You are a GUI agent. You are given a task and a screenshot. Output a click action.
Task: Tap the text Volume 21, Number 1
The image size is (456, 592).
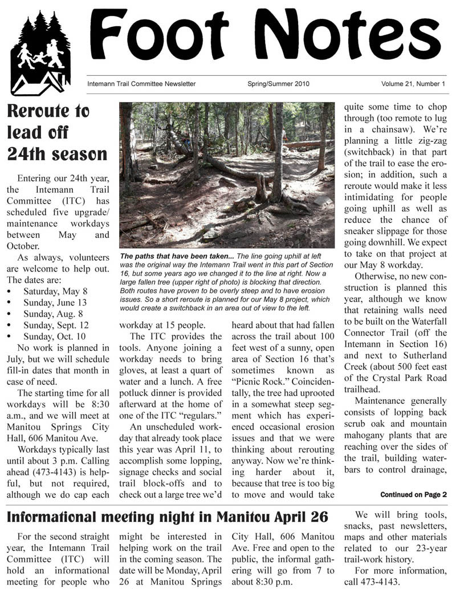pyautogui.click(x=413, y=84)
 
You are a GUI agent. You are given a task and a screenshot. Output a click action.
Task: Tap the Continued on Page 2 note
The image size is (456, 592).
pyautogui.click(x=413, y=494)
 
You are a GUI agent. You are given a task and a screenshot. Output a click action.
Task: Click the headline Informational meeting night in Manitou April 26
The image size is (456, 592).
pyautogui.click(x=168, y=518)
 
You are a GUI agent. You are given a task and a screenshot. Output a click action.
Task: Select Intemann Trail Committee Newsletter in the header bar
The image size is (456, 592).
pyautogui.click(x=141, y=84)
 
